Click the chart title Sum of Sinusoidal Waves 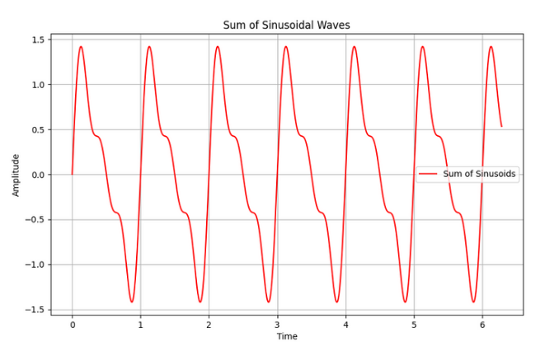(x=286, y=25)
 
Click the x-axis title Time (x=287, y=336)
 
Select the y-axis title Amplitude (x=16, y=175)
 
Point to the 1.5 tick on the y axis (x=38, y=40)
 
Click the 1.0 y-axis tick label (x=38, y=85)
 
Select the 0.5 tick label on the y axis (x=38, y=129)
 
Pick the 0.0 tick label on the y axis (x=38, y=175)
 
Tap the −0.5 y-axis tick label (x=35, y=220)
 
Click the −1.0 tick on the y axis (x=35, y=265)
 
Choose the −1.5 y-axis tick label (x=35, y=310)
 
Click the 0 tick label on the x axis (x=73, y=324)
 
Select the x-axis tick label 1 (x=140, y=324)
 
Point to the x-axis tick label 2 (x=209, y=324)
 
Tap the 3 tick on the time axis (x=277, y=324)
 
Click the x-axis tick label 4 (x=345, y=324)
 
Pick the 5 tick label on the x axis (x=414, y=324)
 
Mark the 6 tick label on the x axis (x=482, y=324)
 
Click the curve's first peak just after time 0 (x=81, y=47)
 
